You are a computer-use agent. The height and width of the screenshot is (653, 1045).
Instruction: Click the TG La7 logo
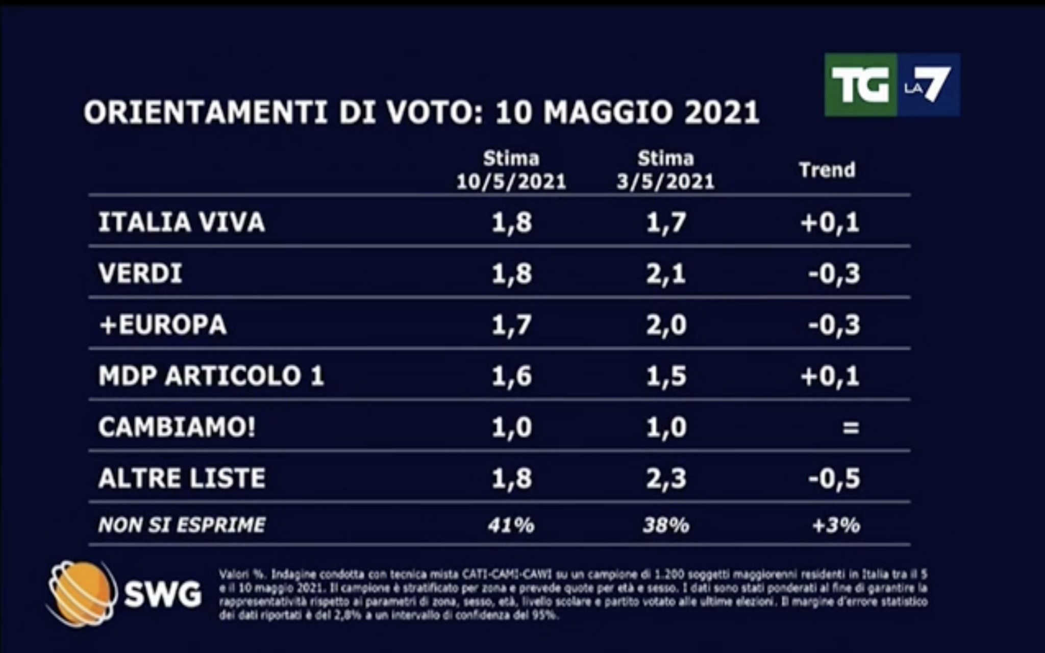[x=891, y=85]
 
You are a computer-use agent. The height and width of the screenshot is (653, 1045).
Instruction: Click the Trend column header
[x=827, y=170]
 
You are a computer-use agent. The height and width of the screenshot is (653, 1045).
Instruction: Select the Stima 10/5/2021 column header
[x=511, y=170]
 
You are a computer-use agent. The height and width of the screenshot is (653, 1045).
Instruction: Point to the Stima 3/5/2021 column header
[x=665, y=170]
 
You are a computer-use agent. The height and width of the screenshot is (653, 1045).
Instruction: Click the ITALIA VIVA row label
[x=182, y=222]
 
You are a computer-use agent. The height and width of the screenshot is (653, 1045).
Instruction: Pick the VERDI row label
[x=140, y=273]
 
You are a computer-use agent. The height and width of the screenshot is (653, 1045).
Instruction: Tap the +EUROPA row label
[x=163, y=324]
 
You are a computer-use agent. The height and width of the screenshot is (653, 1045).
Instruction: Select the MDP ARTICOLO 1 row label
[x=211, y=376]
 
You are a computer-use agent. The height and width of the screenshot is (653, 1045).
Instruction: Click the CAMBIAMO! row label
[x=177, y=427]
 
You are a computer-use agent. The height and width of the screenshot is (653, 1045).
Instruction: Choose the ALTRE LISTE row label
[x=182, y=478]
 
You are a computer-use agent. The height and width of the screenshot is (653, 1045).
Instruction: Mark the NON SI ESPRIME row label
[x=182, y=525]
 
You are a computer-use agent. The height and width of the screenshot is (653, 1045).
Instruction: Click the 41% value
[x=511, y=525]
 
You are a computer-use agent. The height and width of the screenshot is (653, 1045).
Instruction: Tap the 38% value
[x=666, y=525]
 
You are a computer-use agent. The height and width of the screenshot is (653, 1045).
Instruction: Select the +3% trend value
[x=836, y=525]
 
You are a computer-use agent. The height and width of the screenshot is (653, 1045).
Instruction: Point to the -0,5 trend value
[x=834, y=479]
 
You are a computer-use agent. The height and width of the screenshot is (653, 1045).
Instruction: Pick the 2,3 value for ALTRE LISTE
[x=666, y=479]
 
